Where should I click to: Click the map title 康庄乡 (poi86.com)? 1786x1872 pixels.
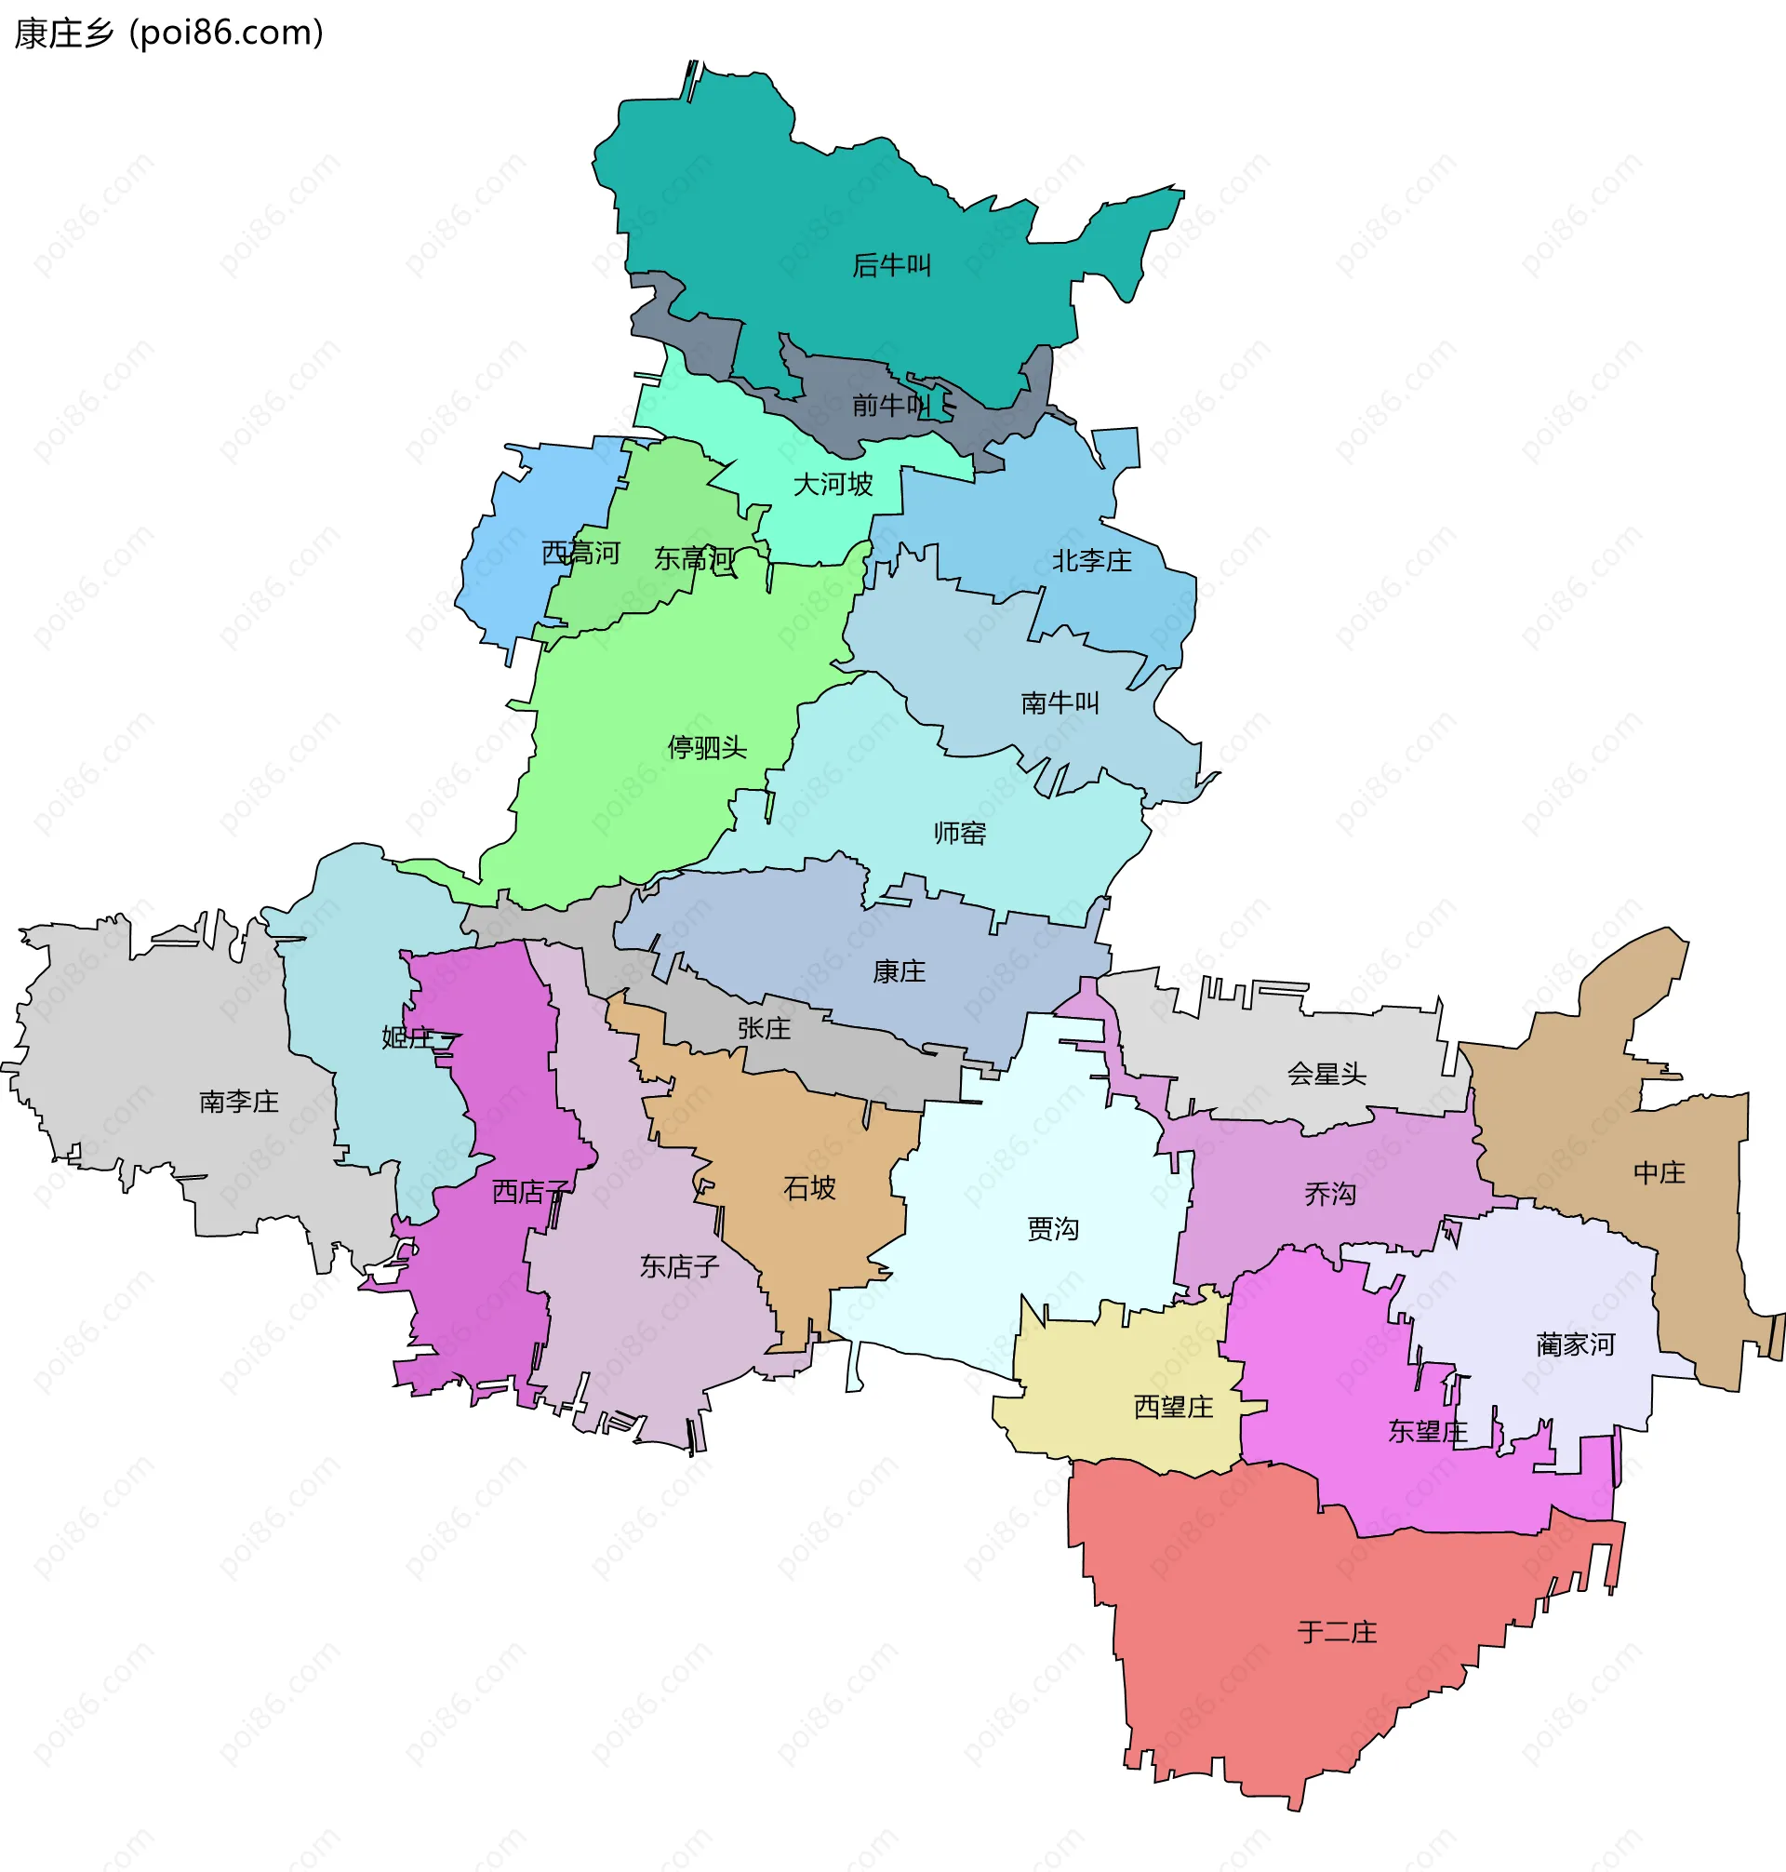tap(168, 33)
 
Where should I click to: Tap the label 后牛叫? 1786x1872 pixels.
tap(891, 265)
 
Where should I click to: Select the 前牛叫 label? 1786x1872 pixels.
tap(890, 406)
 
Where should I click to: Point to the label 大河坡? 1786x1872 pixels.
tap(833, 485)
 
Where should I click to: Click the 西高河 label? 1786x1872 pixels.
tap(580, 554)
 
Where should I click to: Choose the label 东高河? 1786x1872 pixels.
tap(694, 559)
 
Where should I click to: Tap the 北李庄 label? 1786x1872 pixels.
tap(1092, 561)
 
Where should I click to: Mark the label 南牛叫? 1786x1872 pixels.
tap(1060, 702)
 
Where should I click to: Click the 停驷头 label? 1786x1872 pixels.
tap(707, 747)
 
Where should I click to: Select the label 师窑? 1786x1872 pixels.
tap(960, 833)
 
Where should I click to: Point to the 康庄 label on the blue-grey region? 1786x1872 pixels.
tap(899, 971)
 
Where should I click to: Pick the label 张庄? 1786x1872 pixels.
tap(764, 1028)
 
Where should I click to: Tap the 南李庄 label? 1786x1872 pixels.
tap(239, 1102)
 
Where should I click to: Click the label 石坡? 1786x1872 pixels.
tap(809, 1188)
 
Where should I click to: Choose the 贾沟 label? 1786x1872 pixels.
tap(1053, 1229)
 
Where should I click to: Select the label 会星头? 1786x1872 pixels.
tap(1326, 1074)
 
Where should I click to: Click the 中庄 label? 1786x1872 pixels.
tap(1659, 1173)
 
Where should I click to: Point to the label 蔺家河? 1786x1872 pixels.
tap(1576, 1344)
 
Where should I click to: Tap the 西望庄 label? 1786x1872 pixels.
tap(1174, 1408)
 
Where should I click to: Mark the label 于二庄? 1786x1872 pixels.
tap(1338, 1632)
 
